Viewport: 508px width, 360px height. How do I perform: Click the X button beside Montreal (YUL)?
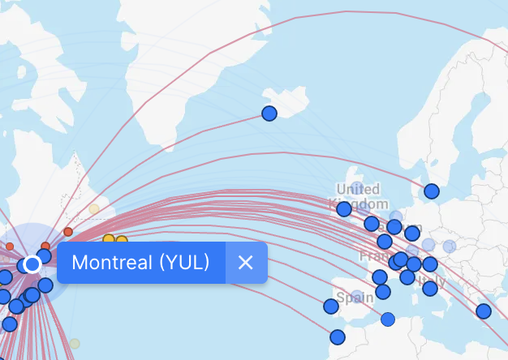[x=246, y=263]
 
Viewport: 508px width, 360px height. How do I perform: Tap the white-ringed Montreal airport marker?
[x=32, y=264]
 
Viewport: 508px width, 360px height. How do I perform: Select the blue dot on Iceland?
[x=269, y=114]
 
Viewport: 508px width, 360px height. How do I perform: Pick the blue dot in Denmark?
[x=432, y=191]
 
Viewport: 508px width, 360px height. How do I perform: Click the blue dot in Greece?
[x=484, y=311]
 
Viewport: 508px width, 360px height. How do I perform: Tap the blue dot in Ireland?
[x=344, y=208]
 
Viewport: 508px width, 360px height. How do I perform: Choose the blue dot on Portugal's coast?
[x=331, y=306]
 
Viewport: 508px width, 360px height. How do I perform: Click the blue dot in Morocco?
[x=338, y=336]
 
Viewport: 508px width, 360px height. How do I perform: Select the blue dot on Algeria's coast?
[x=388, y=319]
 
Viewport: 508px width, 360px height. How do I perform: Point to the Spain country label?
[x=355, y=298]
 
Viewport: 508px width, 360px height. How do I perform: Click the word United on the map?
[x=358, y=190]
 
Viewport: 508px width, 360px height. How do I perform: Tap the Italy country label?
[x=433, y=286]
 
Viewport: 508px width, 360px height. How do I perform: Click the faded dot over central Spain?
[x=357, y=296]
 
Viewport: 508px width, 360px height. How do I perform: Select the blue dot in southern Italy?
[x=430, y=289]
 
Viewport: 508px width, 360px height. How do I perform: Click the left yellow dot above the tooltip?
[x=109, y=240]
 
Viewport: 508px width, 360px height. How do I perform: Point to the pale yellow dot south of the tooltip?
[x=75, y=343]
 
